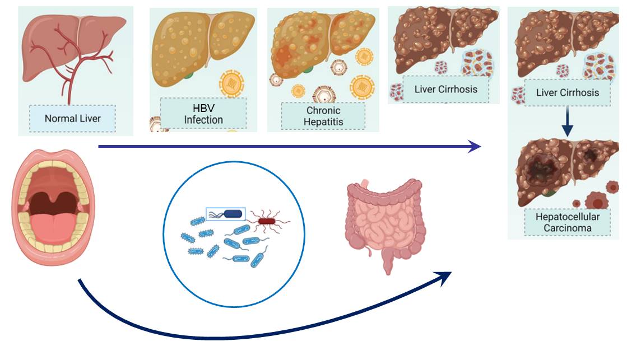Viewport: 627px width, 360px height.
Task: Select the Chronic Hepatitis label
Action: coord(323,116)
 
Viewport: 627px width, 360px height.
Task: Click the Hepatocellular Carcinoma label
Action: coord(567,222)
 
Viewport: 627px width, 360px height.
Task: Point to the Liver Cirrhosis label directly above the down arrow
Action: coord(567,92)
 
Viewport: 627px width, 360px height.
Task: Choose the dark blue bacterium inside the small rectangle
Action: coord(234,213)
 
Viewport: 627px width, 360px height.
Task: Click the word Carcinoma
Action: coord(567,228)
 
